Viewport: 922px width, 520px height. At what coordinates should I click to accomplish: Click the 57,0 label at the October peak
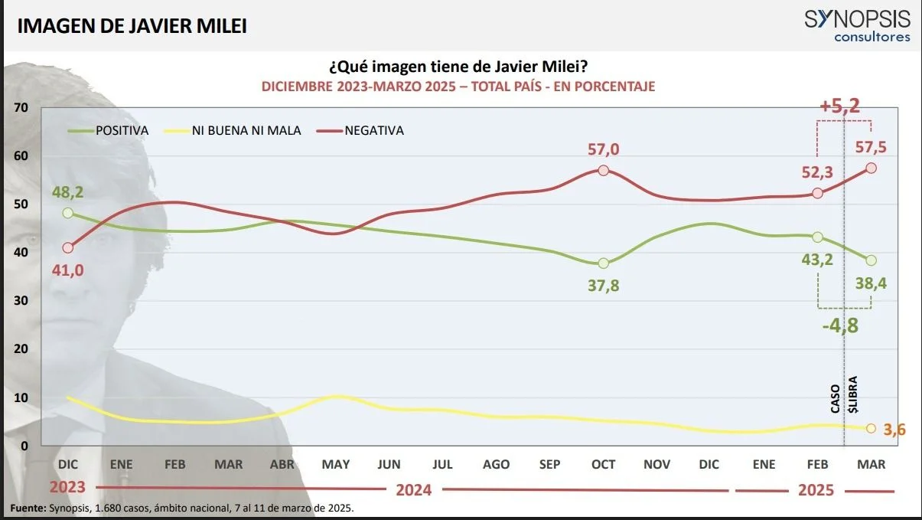coord(603,149)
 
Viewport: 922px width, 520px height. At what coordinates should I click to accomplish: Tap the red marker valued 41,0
coord(68,247)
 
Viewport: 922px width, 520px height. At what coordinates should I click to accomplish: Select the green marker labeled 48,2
coord(68,213)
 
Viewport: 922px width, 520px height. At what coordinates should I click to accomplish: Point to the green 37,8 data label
coord(603,286)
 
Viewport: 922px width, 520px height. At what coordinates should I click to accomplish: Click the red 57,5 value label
coord(871,147)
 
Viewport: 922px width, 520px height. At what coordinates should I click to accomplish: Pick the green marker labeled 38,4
coord(871,260)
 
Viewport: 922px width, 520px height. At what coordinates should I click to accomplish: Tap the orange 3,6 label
coord(893,430)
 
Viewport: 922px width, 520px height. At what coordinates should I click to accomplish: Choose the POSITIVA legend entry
coord(121,131)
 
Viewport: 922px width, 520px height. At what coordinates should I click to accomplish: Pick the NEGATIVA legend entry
coord(373,131)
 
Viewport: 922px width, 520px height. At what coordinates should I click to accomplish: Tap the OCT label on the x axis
coord(603,464)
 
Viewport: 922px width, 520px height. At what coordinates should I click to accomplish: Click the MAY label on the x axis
coord(335,464)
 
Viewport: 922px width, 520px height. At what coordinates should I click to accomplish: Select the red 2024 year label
coord(414,489)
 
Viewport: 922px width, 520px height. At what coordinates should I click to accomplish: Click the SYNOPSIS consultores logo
coord(856,25)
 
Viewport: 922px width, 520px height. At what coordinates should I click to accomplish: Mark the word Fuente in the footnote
coord(28,508)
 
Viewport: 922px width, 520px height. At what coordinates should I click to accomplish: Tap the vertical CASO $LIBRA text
coord(844,393)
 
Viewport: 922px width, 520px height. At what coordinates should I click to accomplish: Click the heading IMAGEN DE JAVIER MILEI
coord(132,26)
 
